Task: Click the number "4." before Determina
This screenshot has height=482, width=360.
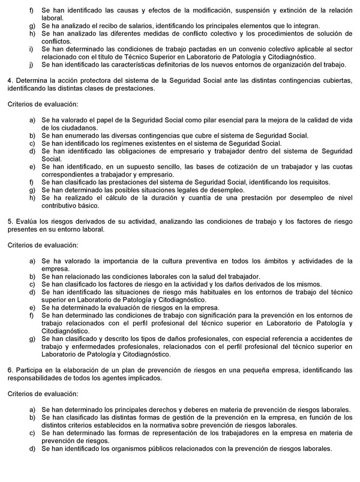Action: [x=10, y=80]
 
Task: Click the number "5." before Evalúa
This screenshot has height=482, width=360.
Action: [x=10, y=221]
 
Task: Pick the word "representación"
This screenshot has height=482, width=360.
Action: [x=166, y=432]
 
